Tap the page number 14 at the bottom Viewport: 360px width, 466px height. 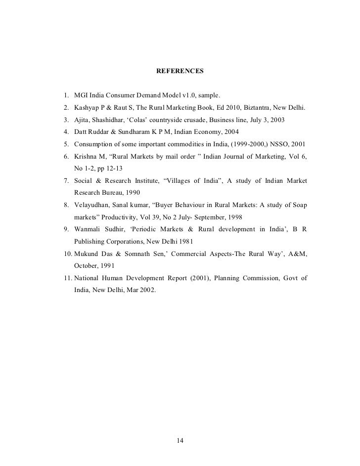[x=180, y=441]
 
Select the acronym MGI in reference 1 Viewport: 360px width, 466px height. [x=81, y=95]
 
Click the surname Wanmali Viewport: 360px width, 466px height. [x=88, y=230]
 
